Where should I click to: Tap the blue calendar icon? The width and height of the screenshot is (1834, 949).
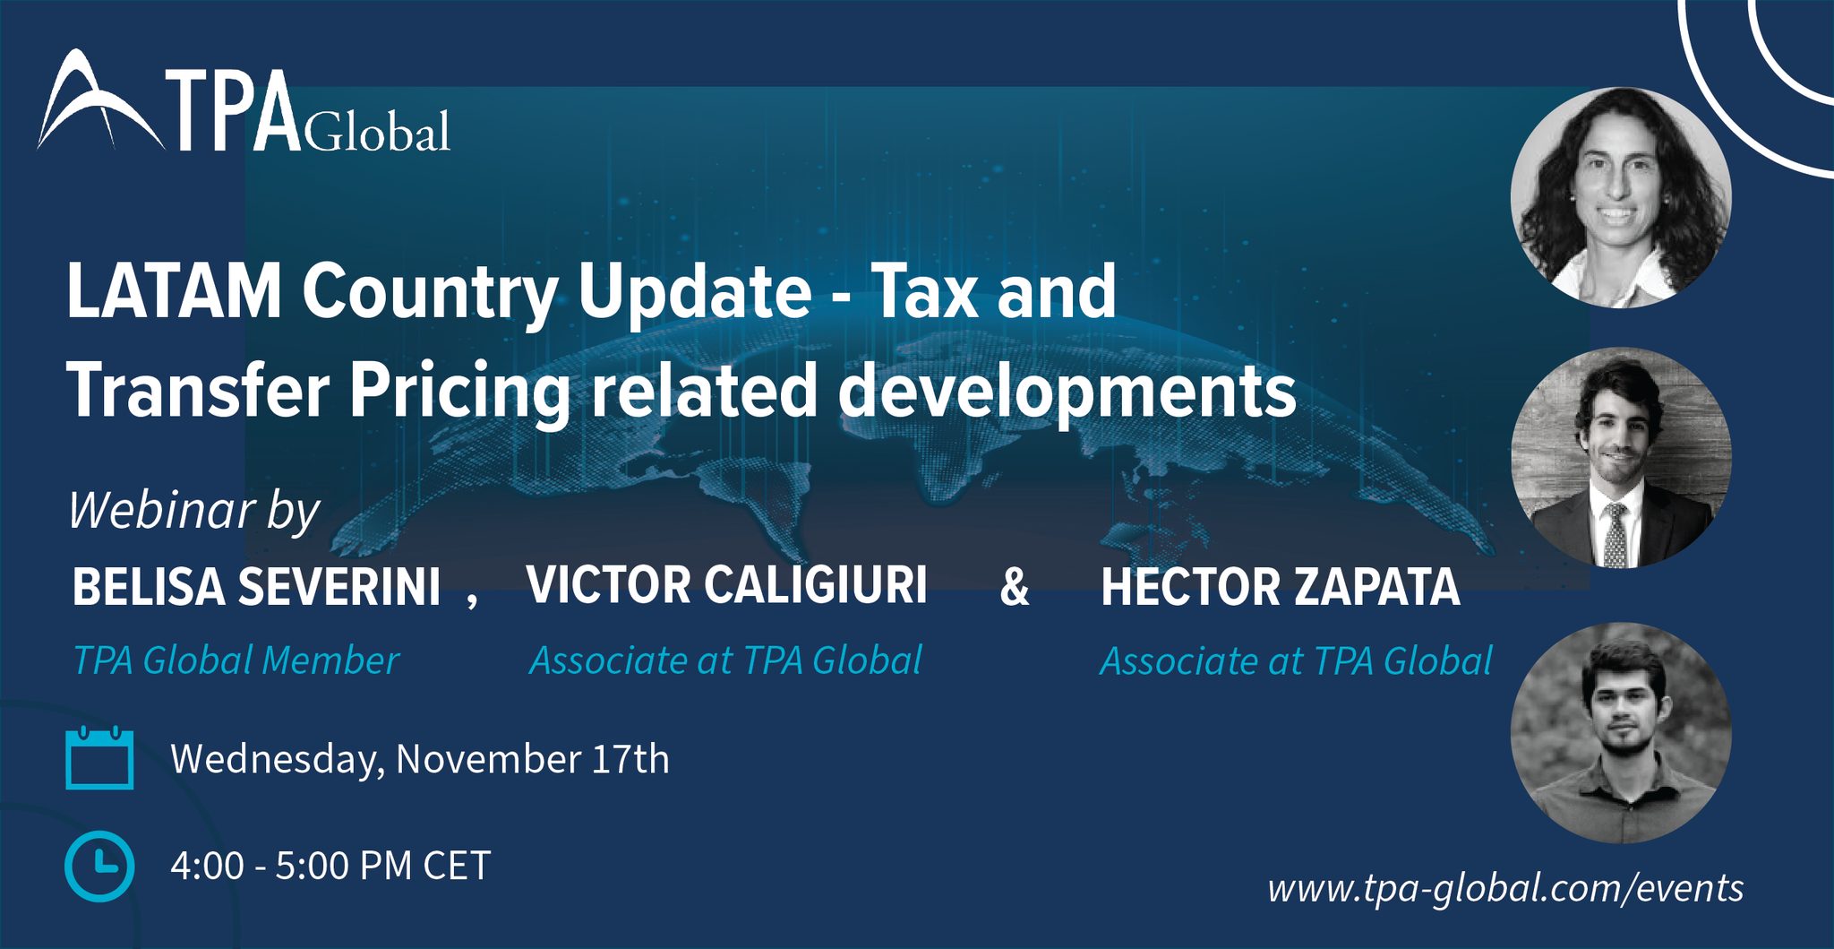[x=99, y=758]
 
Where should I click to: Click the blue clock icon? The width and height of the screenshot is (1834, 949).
[x=99, y=866]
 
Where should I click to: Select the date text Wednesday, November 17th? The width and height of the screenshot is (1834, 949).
[x=420, y=760]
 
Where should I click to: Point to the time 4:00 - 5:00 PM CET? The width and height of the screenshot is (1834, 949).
[x=330, y=866]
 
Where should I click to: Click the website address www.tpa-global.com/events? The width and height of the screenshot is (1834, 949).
[x=1505, y=888]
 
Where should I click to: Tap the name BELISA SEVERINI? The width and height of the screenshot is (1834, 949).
[x=256, y=587]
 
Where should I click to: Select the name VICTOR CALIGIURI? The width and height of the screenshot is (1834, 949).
[x=726, y=585]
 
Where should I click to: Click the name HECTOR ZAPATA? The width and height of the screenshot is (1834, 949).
[x=1281, y=587]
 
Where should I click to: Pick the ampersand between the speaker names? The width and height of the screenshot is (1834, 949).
[x=1014, y=587]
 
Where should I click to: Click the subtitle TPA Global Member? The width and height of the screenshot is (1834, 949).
[x=236, y=660]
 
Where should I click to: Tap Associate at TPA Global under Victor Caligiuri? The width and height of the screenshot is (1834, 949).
[x=725, y=660]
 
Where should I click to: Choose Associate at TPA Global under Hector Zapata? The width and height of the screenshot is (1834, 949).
[x=1296, y=661]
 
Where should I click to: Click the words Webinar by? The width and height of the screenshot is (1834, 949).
[x=194, y=511]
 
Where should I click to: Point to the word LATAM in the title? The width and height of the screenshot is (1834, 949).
[x=175, y=291]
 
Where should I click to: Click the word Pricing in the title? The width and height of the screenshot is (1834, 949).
[x=459, y=392]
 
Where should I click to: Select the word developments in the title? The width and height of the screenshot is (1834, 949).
[x=1067, y=392]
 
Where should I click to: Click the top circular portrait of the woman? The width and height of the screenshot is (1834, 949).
[x=1621, y=198]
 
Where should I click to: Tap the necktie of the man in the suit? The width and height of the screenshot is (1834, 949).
[x=1615, y=534]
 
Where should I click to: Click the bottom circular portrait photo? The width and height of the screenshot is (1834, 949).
[x=1621, y=733]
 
